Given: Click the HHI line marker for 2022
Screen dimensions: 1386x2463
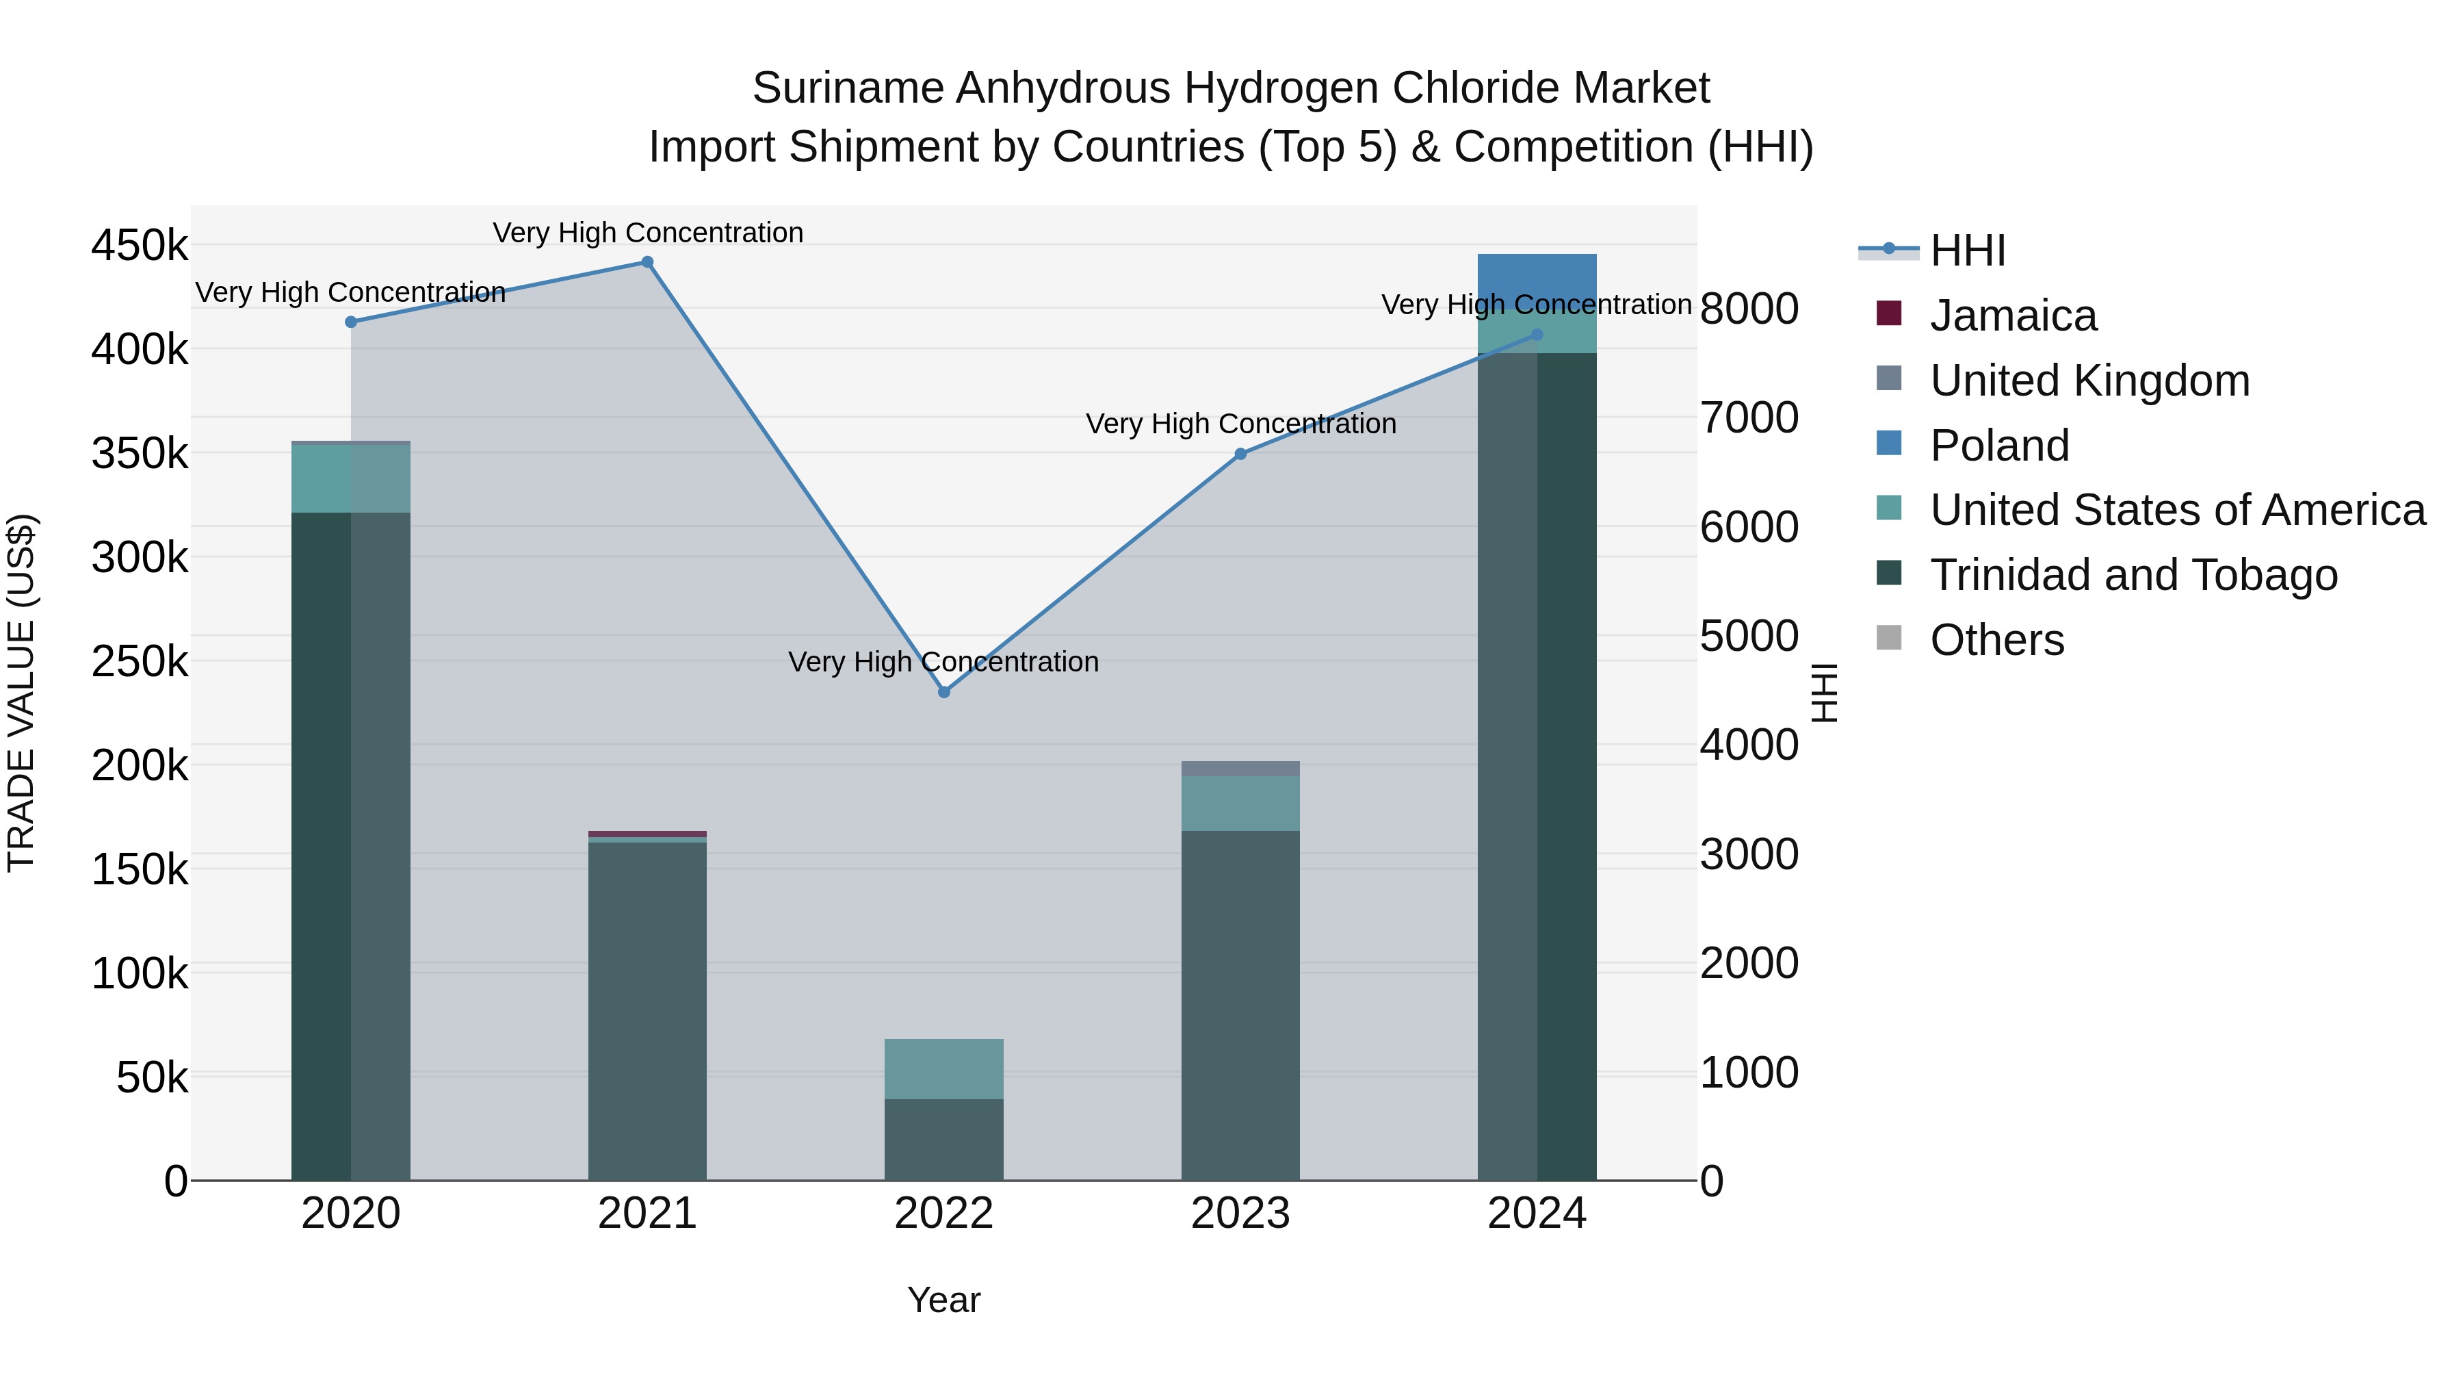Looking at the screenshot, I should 943,691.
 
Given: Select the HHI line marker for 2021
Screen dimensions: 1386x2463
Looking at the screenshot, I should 647,262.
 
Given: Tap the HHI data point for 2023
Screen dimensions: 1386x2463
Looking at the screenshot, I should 1240,454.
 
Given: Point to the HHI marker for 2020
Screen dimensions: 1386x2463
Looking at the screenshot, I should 351,322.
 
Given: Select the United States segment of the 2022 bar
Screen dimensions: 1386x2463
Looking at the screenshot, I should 943,1068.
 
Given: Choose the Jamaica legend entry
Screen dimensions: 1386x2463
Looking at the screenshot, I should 2013,316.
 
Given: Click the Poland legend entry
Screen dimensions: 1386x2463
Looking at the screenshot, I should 1999,446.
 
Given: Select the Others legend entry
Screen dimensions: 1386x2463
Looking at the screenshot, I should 1996,640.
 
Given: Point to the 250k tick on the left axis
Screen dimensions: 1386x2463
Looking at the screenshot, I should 140,661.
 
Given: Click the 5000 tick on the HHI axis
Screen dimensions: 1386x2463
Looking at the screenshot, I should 1749,636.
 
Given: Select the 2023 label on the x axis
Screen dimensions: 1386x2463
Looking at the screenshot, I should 1240,1214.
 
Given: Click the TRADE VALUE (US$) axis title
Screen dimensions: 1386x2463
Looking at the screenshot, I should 21,693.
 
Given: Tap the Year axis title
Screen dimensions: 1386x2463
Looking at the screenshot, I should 943,1300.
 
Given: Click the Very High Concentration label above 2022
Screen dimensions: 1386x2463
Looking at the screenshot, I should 943,662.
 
